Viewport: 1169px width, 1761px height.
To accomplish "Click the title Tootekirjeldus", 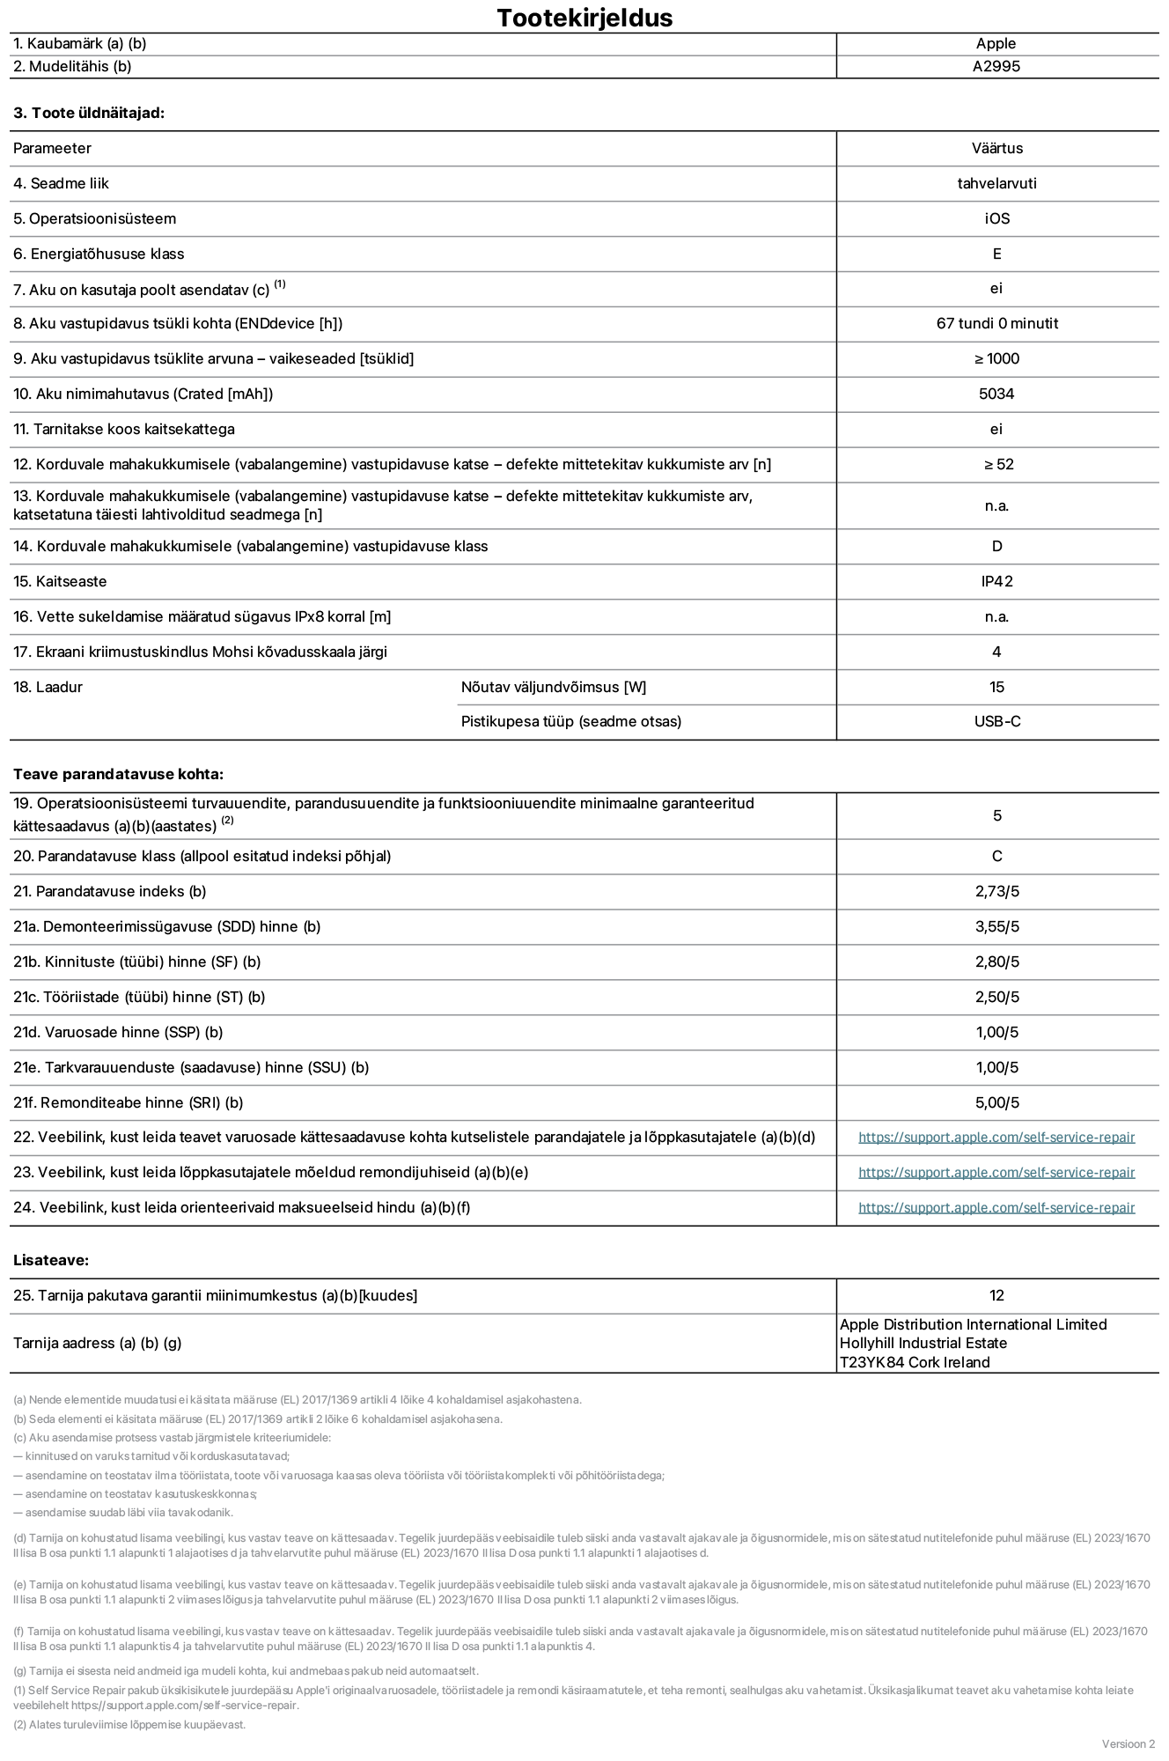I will click(x=584, y=18).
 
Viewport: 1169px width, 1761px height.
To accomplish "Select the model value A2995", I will click(x=996, y=66).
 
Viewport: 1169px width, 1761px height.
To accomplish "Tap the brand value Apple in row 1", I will click(x=996, y=43).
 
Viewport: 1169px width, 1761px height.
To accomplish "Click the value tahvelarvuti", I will click(x=996, y=183).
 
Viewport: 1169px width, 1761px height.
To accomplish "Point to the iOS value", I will click(x=996, y=218).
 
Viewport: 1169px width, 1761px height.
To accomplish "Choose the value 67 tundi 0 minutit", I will click(x=996, y=323).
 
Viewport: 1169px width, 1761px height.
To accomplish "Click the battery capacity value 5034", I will click(x=996, y=394).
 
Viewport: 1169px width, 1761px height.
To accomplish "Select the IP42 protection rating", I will click(x=996, y=581).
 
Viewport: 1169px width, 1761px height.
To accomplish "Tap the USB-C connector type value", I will click(x=996, y=721).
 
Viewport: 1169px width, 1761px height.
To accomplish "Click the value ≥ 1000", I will click(x=996, y=358).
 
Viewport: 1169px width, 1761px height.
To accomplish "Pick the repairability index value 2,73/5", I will click(x=996, y=891).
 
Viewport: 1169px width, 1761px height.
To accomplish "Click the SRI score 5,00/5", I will click(x=996, y=1102).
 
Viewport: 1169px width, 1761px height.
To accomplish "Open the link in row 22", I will click(x=996, y=1138).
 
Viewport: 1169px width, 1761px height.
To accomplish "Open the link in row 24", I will click(x=996, y=1208).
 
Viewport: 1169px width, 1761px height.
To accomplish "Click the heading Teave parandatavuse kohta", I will click(x=118, y=774).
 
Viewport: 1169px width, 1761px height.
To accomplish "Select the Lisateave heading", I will click(x=51, y=1260).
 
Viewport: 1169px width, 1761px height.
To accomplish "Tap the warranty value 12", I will click(x=996, y=1295).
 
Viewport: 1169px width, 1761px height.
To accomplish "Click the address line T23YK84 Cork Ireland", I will click(x=915, y=1362).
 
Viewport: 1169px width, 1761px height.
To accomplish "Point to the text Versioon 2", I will click(x=1128, y=1743).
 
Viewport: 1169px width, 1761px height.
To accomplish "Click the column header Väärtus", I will click(x=996, y=148).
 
